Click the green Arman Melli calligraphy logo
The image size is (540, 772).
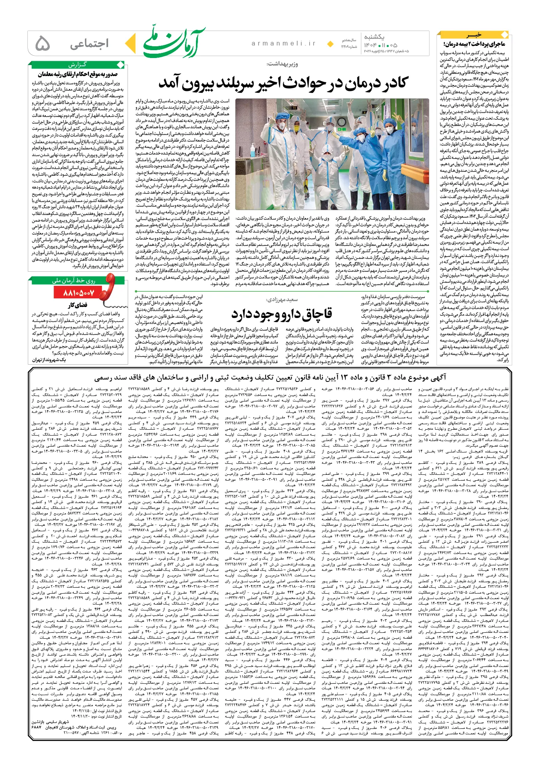(174, 42)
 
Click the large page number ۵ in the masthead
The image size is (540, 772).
(43, 44)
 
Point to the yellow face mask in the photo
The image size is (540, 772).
(296, 128)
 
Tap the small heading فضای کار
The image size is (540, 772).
(78, 305)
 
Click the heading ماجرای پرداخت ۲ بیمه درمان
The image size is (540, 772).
(474, 44)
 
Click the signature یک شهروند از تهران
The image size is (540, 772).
(49, 360)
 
